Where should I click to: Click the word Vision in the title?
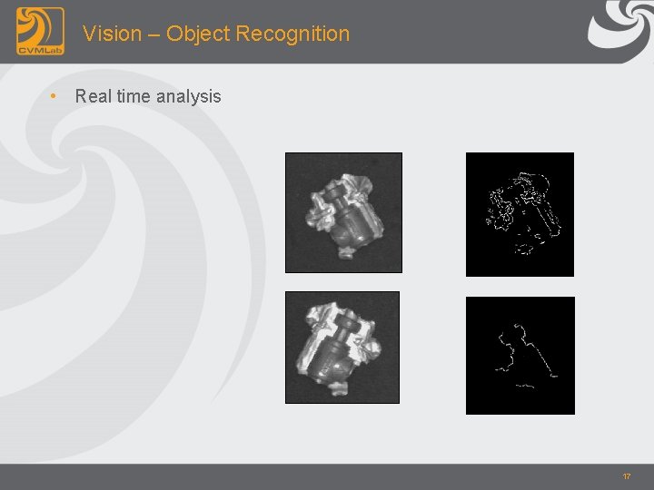tap(112, 34)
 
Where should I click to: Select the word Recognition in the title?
tap(292, 34)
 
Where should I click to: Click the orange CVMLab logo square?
tap(40, 31)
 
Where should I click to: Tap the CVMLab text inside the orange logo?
tap(40, 48)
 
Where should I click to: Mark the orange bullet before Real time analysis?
tap(55, 95)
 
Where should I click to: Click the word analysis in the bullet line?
tap(188, 96)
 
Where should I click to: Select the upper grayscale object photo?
tap(343, 212)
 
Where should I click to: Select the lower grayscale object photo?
tap(342, 347)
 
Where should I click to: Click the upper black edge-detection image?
tap(520, 214)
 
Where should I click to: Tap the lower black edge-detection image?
tap(520, 355)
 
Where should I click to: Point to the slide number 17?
tap(627, 476)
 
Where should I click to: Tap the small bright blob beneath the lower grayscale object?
tap(339, 389)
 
